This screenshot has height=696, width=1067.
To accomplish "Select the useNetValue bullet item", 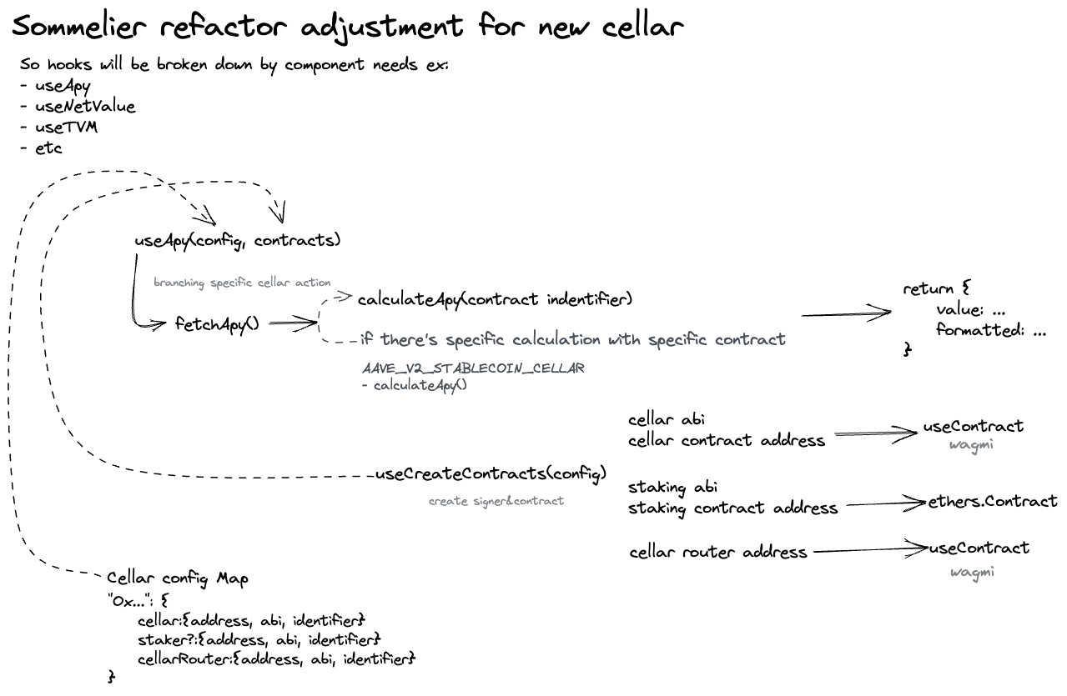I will tap(84, 107).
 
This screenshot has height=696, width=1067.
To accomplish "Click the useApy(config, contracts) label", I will tap(238, 241).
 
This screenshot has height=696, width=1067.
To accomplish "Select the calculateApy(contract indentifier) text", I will tap(494, 299).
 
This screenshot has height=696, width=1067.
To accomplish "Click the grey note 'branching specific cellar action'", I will tap(242, 283).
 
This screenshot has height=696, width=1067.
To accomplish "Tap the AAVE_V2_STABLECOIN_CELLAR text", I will tap(473, 368).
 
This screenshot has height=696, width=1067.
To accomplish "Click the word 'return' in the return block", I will tap(928, 289).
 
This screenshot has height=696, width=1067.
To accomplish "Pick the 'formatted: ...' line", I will tap(990, 330).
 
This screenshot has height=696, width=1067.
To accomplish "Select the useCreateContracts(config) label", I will tap(491, 474).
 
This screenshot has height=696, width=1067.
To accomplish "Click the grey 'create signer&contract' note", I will tap(496, 501).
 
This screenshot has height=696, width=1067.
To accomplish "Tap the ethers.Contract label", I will tap(993, 502).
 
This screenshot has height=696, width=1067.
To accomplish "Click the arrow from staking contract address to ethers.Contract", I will tap(884, 503).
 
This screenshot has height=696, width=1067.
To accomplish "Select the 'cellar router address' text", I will tap(718, 552).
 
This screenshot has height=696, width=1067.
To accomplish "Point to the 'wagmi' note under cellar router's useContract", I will tap(973, 573).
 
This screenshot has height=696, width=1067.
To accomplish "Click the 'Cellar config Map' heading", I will tap(177, 578).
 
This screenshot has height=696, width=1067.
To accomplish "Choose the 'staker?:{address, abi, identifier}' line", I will tap(259, 640).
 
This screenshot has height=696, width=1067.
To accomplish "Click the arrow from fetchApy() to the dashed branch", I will tap(292, 324).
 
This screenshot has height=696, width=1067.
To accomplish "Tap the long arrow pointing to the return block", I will tap(845, 315).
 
